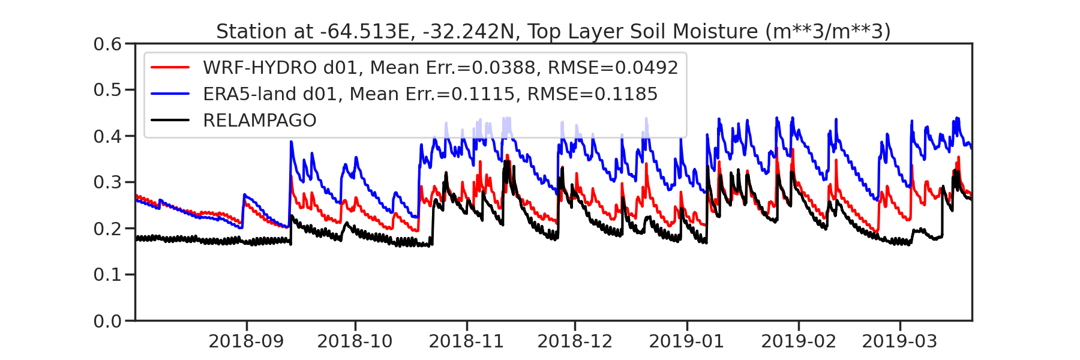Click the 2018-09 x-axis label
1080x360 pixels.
tap(246, 341)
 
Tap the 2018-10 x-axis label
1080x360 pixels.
tap(355, 341)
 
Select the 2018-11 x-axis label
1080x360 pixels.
tap(466, 341)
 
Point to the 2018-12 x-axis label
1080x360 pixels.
tap(575, 341)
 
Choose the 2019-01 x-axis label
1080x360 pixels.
tap(686, 341)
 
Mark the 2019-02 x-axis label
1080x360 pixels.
tap(799, 341)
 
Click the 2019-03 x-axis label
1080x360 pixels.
tap(899, 341)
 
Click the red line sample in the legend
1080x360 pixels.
tap(170, 68)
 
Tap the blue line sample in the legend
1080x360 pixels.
tap(170, 94)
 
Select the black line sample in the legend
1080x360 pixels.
tap(170, 121)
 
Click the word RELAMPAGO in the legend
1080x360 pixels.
tap(259, 121)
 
